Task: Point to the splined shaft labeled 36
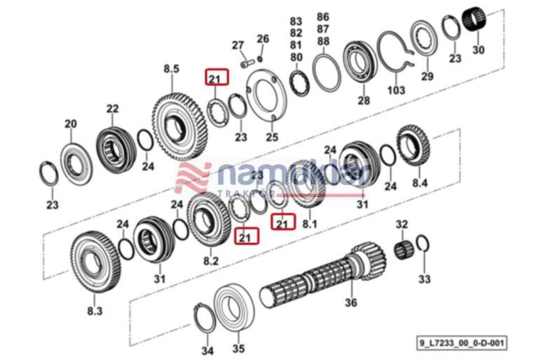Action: pyautogui.click(x=318, y=277)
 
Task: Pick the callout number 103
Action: pyautogui.click(x=396, y=90)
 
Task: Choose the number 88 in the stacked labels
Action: pyautogui.click(x=323, y=41)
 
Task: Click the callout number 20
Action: pyautogui.click(x=70, y=123)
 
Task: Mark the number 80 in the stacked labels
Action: pyautogui.click(x=296, y=57)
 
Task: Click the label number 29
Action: pyautogui.click(x=427, y=76)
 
